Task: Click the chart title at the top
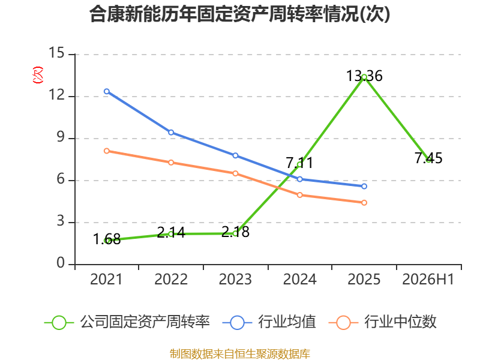[239, 14]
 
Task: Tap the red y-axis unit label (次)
[38, 75]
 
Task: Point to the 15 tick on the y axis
[56, 53]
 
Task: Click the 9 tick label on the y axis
[61, 137]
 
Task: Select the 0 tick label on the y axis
[61, 263]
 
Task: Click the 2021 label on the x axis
[106, 279]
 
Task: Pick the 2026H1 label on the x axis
[428, 279]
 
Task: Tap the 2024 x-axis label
[299, 279]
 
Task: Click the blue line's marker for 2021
[107, 91]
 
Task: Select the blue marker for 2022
[171, 132]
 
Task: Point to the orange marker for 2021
[107, 151]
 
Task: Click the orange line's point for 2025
[364, 203]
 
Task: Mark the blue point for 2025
[364, 186]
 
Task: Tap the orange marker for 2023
[235, 173]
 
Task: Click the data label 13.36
[364, 76]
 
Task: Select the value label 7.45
[428, 158]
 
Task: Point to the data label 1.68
[107, 239]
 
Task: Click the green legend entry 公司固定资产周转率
[127, 322]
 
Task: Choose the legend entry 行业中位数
[382, 322]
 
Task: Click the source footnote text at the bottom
[240, 353]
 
